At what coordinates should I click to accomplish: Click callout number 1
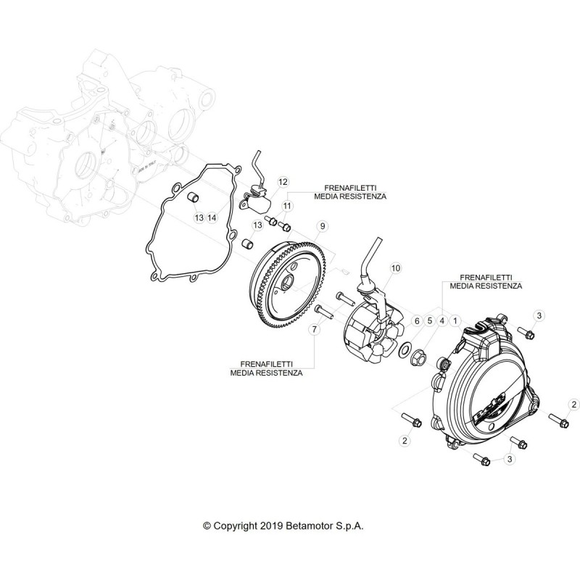(x=455, y=320)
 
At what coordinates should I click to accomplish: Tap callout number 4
(x=442, y=320)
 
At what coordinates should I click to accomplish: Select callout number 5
(x=429, y=320)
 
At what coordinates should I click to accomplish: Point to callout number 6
(x=417, y=320)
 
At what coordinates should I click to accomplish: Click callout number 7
(x=315, y=329)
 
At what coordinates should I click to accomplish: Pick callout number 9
(x=323, y=225)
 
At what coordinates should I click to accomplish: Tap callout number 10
(x=395, y=268)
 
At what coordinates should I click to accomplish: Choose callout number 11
(x=287, y=206)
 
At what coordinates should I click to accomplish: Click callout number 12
(x=283, y=182)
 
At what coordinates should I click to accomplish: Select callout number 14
(x=212, y=217)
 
